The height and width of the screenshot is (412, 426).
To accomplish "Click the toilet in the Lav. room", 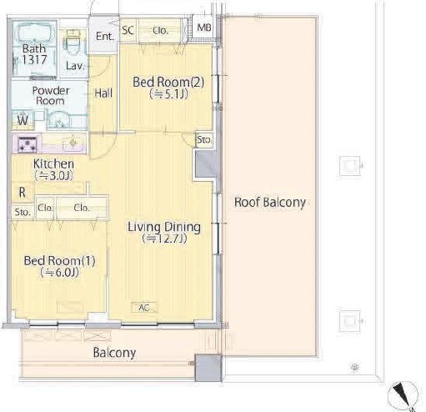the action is [73, 44].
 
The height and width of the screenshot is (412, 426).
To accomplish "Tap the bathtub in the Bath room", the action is [34, 33].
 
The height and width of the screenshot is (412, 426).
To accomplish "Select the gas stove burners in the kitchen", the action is [27, 144].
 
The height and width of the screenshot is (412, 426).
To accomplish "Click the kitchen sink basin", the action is [73, 143].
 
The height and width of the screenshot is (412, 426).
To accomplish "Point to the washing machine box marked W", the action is [23, 120].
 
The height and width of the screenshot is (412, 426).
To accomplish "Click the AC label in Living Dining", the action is [144, 308].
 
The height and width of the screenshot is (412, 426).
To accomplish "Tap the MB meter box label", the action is [204, 28].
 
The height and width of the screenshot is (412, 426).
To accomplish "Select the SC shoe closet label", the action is [128, 30].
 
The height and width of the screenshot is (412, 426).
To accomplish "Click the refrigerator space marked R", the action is [23, 192].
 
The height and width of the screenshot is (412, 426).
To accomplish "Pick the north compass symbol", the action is [402, 395].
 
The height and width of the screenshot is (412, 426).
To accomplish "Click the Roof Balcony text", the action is [270, 202].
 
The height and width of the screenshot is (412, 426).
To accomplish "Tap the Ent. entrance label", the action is [105, 36].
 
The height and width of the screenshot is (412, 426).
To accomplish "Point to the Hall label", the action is [103, 93].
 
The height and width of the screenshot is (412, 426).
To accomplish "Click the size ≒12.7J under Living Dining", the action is [164, 239].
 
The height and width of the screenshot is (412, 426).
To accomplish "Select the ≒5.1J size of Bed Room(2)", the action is [168, 94].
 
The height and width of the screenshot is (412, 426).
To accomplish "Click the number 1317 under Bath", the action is [34, 59].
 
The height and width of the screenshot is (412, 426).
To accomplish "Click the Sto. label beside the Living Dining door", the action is [204, 139].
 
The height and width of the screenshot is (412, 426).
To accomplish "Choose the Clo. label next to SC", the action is [160, 30].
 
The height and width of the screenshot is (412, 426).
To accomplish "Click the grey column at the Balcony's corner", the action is [208, 368].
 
